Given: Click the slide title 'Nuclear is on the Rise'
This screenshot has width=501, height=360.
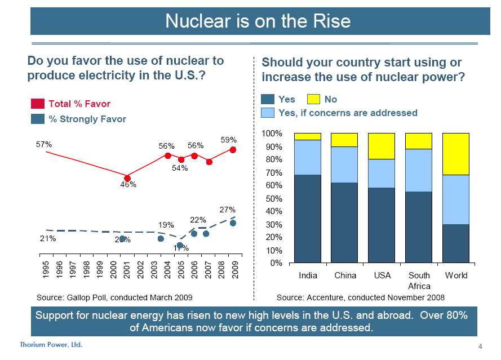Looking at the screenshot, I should pos(258,21).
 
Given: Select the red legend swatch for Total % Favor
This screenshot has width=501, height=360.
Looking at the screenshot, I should pos(38,104).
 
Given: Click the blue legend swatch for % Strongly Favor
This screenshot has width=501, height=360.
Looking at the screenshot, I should pos(38,119).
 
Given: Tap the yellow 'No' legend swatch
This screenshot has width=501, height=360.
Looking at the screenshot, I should pos(314,99).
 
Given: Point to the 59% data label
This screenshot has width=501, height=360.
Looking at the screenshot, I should pos(228,140).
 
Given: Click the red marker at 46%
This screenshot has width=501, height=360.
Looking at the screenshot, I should pos(127,178).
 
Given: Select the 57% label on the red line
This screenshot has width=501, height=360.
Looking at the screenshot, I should pos(44,144).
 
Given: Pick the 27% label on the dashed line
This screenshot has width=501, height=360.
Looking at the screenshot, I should pos(227,210).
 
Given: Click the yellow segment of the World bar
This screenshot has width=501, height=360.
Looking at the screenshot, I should pos(456,154).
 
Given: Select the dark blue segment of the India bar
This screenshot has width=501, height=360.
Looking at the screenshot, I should pos(307,219).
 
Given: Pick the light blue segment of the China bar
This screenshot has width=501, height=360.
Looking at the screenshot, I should pos(344,165).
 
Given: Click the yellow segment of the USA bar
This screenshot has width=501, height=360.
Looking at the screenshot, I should pos(382,146).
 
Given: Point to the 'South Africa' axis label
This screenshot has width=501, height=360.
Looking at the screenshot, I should pos(419,281).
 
